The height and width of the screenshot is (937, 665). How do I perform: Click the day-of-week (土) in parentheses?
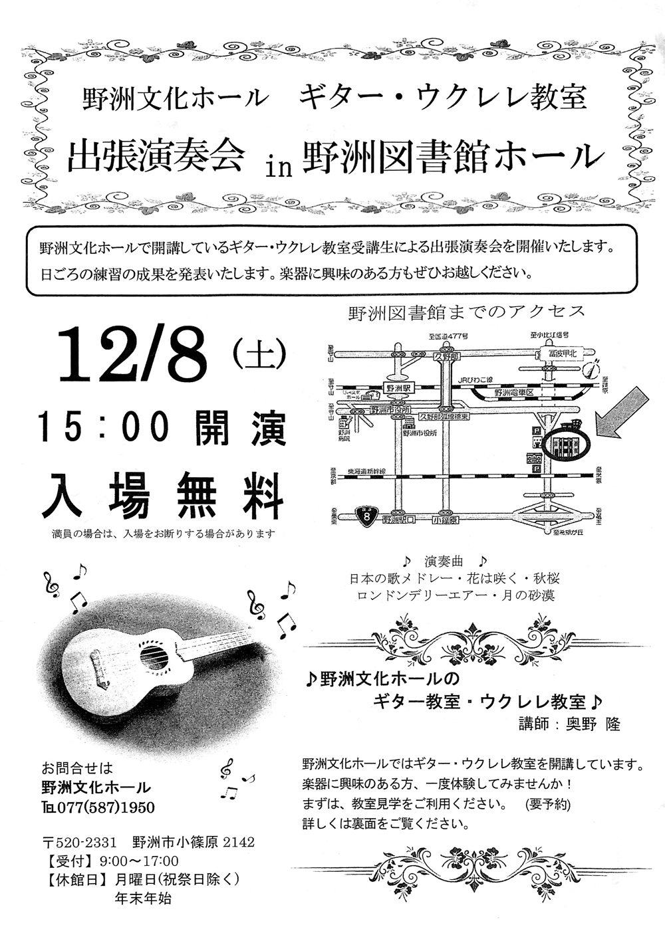(x=259, y=353)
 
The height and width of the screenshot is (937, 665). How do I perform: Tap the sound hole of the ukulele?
(x=152, y=659)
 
